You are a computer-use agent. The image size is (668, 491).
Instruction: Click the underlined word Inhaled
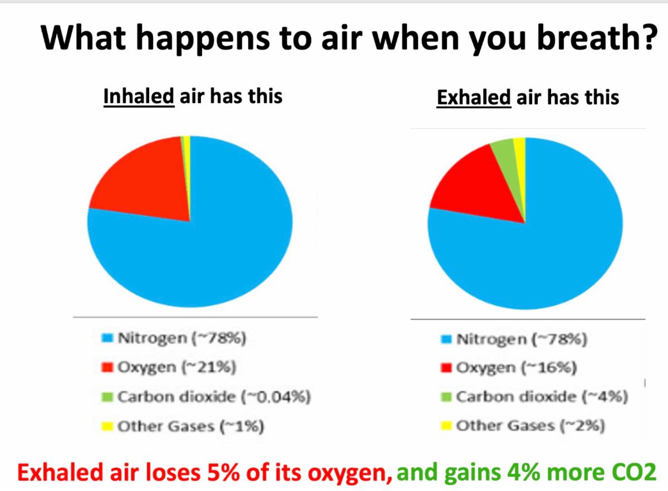click(139, 96)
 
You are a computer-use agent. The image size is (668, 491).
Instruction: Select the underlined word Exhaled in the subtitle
click(474, 98)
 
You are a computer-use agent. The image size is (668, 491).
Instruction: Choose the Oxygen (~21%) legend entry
click(169, 367)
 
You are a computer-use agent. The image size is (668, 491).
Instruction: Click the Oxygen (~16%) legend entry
click(509, 368)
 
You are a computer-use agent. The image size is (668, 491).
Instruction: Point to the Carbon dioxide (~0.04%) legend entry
click(206, 397)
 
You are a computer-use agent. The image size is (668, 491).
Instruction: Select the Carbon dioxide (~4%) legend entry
click(534, 397)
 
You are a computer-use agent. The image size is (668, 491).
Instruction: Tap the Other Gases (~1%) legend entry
click(183, 426)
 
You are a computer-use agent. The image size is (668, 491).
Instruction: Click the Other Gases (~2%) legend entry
click(523, 426)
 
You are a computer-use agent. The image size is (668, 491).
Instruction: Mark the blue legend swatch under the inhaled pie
click(107, 338)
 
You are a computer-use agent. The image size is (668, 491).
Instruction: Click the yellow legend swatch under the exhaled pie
click(446, 426)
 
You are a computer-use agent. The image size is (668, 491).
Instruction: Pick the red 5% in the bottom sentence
click(223, 473)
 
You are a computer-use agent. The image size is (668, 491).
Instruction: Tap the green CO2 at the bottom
click(634, 472)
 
